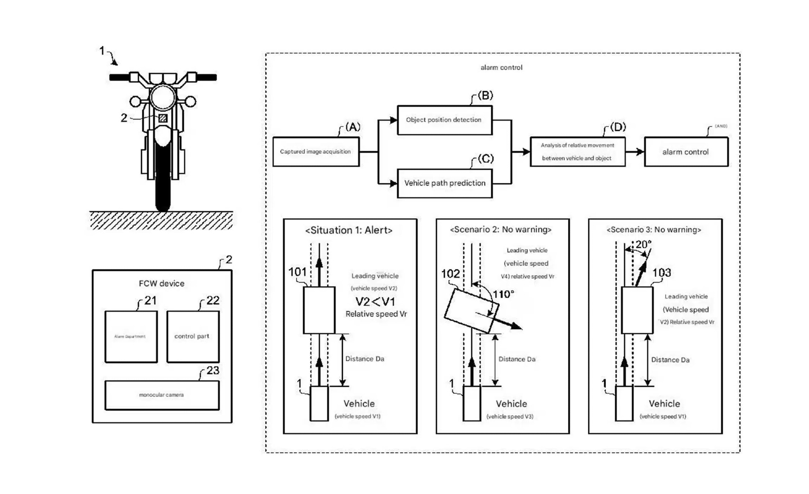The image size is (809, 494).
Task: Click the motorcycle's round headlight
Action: coord(163,97)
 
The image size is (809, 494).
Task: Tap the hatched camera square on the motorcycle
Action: coord(163,118)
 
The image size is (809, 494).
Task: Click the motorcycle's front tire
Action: coord(163,180)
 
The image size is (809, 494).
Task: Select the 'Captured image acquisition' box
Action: coord(316,152)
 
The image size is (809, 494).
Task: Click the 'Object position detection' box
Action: coord(444,120)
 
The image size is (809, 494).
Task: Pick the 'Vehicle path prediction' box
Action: coord(445,183)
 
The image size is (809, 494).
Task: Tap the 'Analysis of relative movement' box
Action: coord(577,152)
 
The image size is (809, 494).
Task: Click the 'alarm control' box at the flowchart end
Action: coord(686,152)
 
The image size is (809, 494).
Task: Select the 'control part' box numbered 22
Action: coord(192,336)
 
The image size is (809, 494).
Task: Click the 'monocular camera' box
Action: coord(162,395)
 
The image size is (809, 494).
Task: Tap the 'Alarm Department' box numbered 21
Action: coord(131,336)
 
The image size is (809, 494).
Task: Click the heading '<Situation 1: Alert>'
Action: coord(349,230)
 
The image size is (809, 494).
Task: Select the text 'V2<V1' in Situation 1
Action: coord(375,301)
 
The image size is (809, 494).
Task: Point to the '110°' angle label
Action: coord(503,294)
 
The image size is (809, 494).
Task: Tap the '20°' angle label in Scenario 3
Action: coord(643,244)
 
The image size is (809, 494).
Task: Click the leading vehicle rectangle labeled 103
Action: coord(637,310)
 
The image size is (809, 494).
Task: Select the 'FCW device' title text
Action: coord(161,283)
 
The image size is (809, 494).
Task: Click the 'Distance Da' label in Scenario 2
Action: coord(517,359)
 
